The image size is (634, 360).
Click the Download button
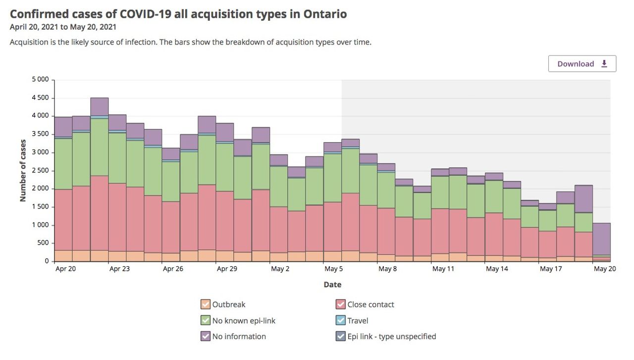tap(582, 64)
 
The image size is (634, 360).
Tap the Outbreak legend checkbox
tap(205, 305)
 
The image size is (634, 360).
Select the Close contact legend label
tap(370, 305)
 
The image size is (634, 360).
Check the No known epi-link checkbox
tap(205, 320)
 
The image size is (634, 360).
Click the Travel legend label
tap(358, 320)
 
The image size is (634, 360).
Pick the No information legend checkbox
tap(205, 336)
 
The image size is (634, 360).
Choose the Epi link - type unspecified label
tap(391, 336)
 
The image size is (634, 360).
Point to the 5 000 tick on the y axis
tap(40, 79)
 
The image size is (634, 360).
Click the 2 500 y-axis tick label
tap(40, 170)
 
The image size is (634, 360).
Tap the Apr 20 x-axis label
tap(65, 269)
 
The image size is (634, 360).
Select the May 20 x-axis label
tap(605, 269)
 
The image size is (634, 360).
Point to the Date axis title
tap(332, 285)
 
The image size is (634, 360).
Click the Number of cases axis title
tap(23, 170)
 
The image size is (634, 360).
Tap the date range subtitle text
tap(63, 27)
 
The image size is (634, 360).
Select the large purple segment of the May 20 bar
tap(601, 239)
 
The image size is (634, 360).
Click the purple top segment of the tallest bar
tap(99, 106)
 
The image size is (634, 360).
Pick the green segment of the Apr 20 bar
tap(63, 163)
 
